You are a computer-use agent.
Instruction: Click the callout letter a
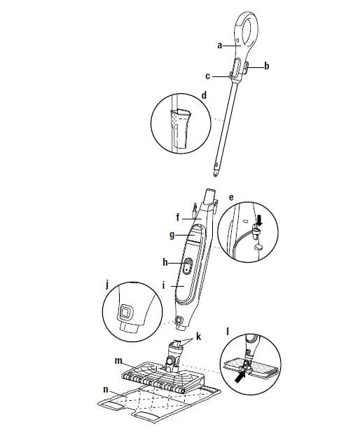219,45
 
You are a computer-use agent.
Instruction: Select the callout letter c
208,76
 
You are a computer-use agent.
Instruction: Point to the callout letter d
204,95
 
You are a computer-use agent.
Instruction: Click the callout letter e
232,198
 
